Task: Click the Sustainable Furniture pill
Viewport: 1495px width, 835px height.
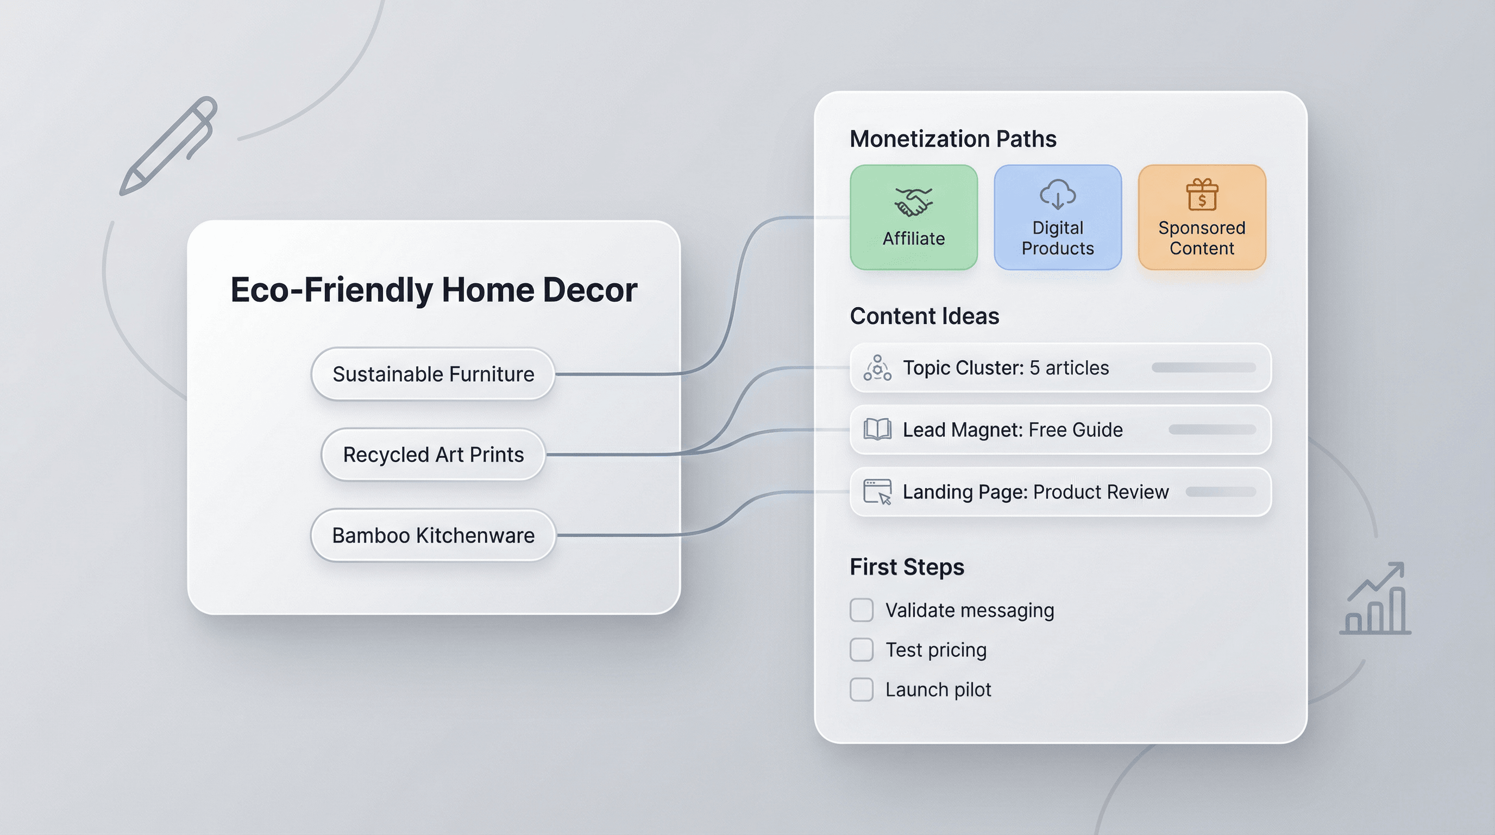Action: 433,374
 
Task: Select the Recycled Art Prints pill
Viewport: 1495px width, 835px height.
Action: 433,454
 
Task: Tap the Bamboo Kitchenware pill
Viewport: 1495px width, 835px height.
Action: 433,535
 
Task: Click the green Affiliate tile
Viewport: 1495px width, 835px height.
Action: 914,217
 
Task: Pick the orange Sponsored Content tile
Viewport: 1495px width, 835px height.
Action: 1202,217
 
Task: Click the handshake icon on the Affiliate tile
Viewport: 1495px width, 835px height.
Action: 914,202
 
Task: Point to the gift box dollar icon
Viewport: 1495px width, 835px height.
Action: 1202,194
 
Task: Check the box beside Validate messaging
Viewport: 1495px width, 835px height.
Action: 861,610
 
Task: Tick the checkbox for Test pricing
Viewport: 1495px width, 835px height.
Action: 861,650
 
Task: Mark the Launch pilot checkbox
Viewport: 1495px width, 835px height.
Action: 861,690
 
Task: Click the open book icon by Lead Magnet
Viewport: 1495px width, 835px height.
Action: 877,429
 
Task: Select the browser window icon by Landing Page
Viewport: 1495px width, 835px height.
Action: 877,492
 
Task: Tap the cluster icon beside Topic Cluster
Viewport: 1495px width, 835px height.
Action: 877,367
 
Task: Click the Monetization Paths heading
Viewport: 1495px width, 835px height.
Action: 953,139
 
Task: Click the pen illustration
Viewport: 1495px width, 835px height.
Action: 168,146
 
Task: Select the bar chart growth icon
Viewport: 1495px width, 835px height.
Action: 1375,598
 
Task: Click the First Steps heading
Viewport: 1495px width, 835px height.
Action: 907,568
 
